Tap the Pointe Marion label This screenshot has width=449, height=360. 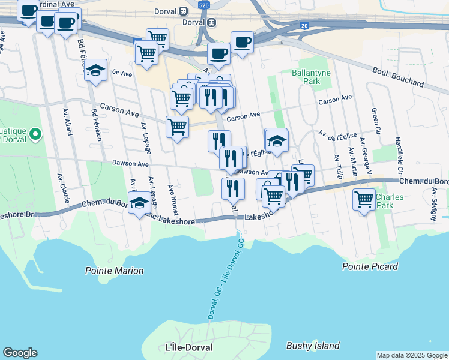[114, 271]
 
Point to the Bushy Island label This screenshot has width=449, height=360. [313, 346]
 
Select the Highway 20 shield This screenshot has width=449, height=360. [305, 25]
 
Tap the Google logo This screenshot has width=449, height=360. [20, 353]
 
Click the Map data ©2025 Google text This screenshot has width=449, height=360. [412, 355]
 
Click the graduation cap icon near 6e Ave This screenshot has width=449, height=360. [95, 71]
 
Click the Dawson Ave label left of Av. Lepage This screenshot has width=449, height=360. [130, 163]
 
